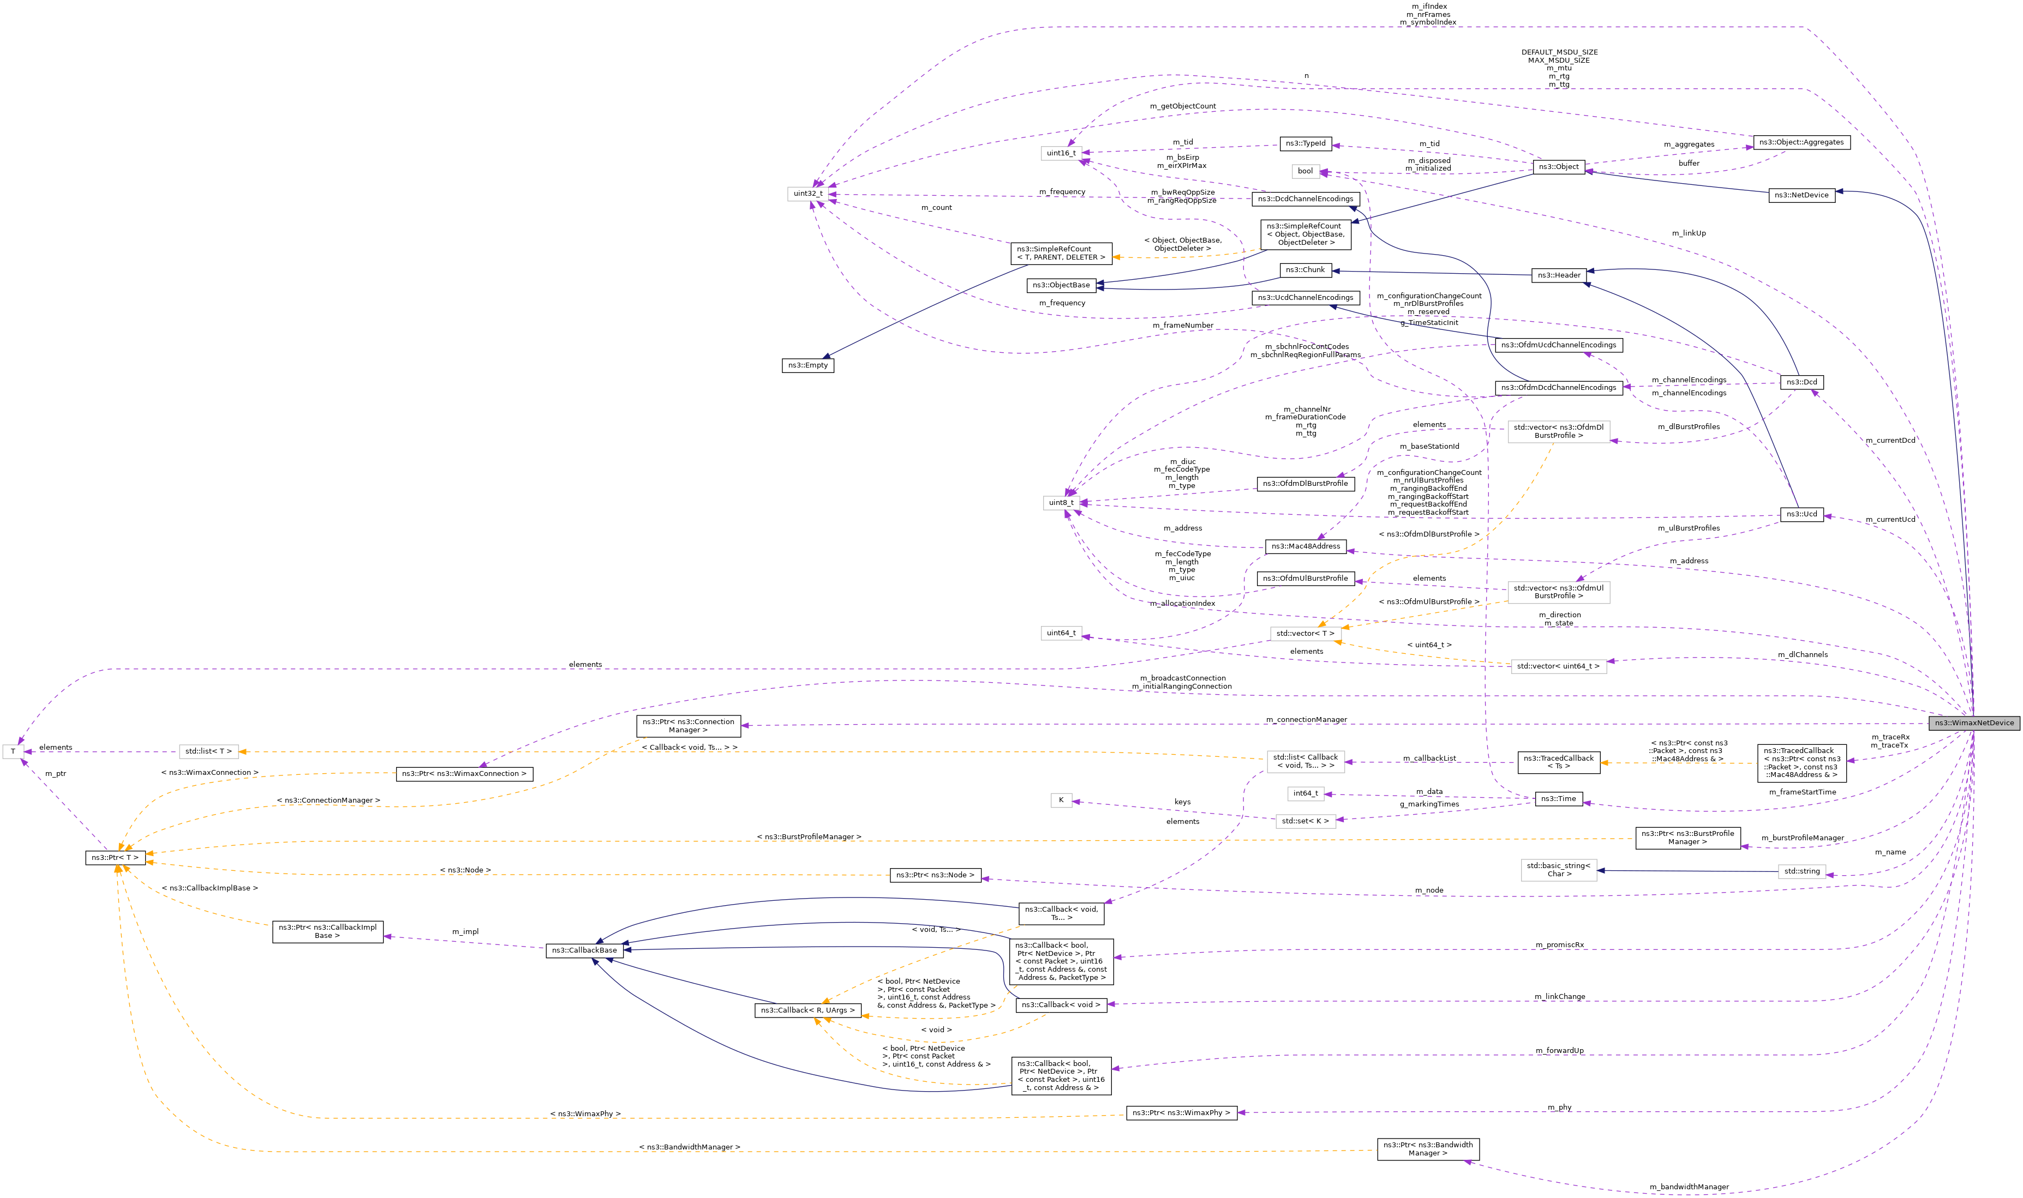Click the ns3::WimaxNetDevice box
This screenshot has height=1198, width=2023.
[1973, 723]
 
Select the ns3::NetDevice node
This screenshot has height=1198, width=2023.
[1801, 195]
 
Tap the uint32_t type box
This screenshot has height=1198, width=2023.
[807, 194]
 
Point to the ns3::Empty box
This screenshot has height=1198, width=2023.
[807, 365]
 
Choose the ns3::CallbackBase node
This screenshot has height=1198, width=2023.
[584, 950]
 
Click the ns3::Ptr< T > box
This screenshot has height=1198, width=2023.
[115, 857]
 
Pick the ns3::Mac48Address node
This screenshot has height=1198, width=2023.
[1305, 546]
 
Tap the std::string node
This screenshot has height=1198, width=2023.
[1801, 871]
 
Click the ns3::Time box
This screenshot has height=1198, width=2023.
[1558, 798]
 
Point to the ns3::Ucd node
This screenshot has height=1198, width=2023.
[1801, 514]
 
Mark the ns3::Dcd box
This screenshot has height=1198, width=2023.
[1801, 382]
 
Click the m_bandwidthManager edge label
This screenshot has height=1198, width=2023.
[1689, 1187]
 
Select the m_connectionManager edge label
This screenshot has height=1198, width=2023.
[1306, 719]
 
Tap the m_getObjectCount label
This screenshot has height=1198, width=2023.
[1182, 106]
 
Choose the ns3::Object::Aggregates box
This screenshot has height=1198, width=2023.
[1801, 142]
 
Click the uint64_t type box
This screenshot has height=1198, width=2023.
[1061, 633]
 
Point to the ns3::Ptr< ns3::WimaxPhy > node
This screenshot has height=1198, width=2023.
[1181, 1112]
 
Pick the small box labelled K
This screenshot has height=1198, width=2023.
[1061, 800]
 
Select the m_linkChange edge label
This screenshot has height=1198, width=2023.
[1559, 996]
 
